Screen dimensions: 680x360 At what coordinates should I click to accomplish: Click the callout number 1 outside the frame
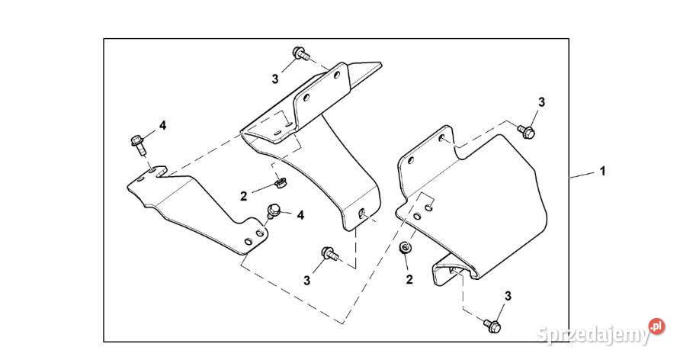[602, 172]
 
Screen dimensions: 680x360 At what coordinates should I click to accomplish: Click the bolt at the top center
[301, 54]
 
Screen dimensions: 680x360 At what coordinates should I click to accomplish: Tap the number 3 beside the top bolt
[275, 79]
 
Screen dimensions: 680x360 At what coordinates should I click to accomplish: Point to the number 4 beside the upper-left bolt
[162, 126]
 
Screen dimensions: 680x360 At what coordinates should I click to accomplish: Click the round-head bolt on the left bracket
[273, 211]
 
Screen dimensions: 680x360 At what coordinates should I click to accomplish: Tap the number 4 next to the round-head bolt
[300, 215]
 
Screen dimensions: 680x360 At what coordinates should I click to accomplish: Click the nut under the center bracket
[280, 182]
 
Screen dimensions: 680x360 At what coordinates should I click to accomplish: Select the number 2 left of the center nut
[244, 196]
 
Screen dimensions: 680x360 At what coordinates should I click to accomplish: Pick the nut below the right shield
[405, 248]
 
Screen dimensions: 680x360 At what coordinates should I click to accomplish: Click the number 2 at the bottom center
[409, 280]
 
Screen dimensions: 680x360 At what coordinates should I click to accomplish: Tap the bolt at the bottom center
[329, 253]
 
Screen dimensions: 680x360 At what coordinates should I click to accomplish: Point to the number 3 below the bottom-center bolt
[307, 281]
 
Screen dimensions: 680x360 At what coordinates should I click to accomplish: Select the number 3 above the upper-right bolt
[541, 102]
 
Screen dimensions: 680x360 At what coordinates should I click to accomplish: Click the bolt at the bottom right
[492, 326]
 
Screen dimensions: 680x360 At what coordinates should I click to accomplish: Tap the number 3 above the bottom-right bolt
[508, 296]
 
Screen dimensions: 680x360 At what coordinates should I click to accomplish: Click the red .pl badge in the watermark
[656, 326]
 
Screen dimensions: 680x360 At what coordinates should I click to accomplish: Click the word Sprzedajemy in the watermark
[593, 335]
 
